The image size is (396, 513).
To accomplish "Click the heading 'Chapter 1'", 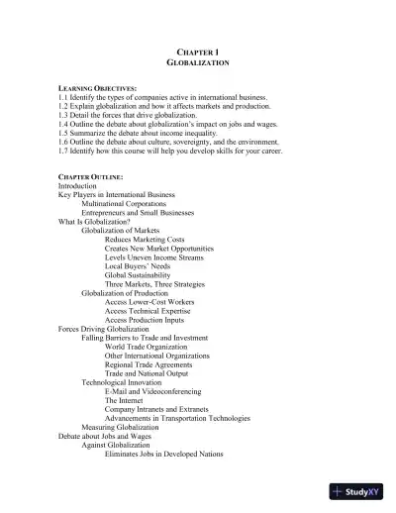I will click(198, 50).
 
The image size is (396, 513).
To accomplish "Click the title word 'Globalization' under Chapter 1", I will click(198, 61).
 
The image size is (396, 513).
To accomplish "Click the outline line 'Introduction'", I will click(77, 186).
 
